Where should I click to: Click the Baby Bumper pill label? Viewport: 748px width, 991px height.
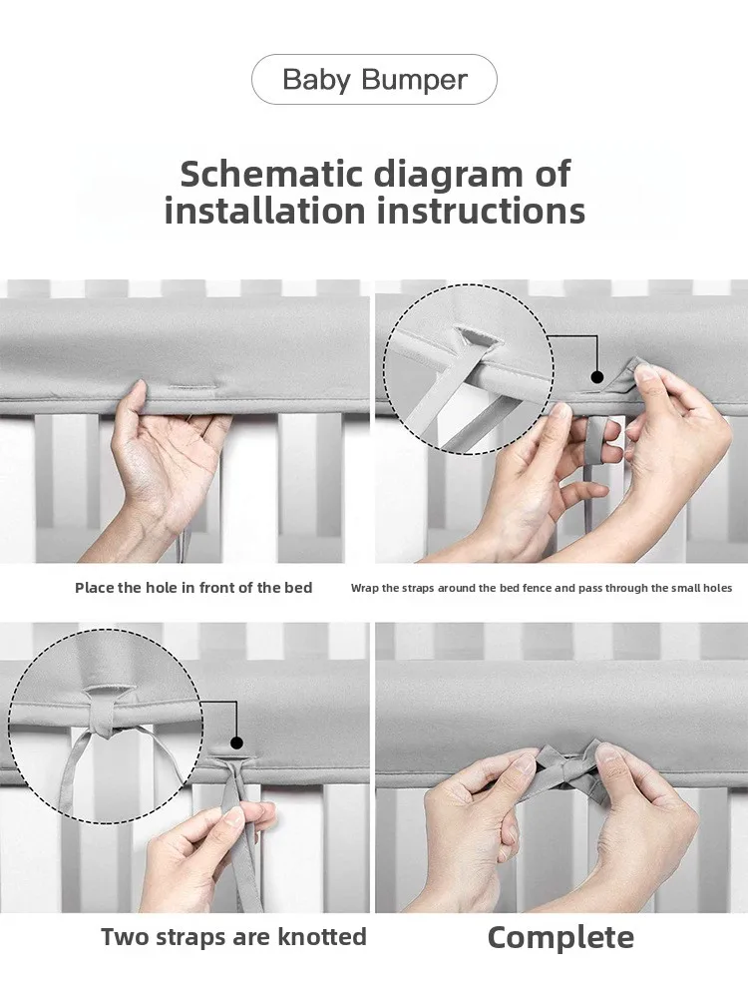(374, 80)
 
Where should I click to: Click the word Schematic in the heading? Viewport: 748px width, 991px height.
(271, 174)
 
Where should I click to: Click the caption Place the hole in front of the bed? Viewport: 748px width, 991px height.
(193, 588)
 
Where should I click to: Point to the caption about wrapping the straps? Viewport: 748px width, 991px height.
(542, 588)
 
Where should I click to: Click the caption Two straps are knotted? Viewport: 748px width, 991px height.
(233, 937)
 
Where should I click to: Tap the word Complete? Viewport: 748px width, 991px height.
(561, 938)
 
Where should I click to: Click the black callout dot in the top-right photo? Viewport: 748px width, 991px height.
(597, 377)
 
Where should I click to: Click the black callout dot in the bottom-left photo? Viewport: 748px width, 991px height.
(236, 743)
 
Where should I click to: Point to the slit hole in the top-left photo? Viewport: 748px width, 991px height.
(186, 387)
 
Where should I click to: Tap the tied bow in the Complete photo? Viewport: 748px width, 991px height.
(567, 766)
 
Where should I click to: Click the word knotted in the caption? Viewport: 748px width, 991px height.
(322, 937)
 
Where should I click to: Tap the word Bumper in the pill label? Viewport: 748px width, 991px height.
(414, 80)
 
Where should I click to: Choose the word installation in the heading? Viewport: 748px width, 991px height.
(264, 212)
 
